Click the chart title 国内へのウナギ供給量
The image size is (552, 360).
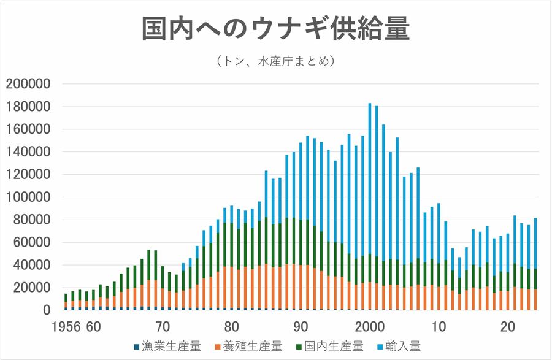click(x=276, y=29)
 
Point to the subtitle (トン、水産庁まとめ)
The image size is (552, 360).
click(x=275, y=61)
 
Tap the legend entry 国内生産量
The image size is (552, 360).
click(x=334, y=346)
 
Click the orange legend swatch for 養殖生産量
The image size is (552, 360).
click(x=216, y=347)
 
